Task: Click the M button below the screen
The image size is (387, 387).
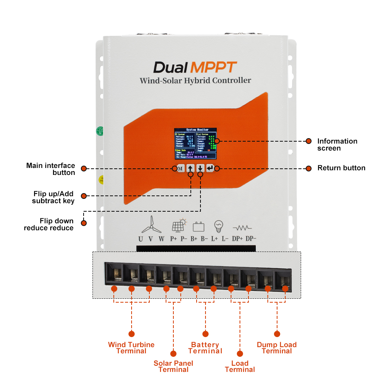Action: tap(180, 168)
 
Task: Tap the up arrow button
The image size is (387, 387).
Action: tap(190, 168)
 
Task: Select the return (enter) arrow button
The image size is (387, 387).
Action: tap(210, 168)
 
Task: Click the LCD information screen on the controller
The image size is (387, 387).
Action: tap(195, 144)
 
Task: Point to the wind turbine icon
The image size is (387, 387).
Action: tap(151, 224)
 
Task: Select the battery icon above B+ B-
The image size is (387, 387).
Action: tap(199, 226)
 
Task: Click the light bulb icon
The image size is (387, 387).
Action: tap(219, 226)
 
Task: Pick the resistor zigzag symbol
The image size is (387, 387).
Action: tap(242, 227)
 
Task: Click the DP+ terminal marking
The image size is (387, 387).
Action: tap(237, 239)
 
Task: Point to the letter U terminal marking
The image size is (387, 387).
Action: tap(140, 239)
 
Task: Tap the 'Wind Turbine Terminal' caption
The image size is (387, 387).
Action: tap(131, 348)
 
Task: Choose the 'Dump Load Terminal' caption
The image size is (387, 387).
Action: tap(277, 348)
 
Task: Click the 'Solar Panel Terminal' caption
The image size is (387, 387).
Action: tap(173, 366)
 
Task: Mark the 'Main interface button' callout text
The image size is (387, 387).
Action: tap(51, 169)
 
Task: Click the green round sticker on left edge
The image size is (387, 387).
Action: tap(99, 130)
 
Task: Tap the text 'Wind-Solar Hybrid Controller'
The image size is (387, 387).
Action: tap(195, 80)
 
